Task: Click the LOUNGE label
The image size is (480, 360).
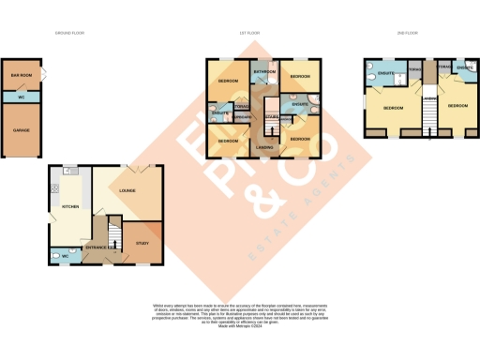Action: (x=127, y=191)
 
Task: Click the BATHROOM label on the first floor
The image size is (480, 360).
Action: (x=262, y=71)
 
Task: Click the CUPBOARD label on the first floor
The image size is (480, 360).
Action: (x=242, y=117)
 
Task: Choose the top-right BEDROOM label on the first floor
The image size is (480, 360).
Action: (x=300, y=76)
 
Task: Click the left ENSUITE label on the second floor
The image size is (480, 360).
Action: (x=384, y=72)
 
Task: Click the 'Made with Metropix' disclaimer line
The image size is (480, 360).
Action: (x=240, y=323)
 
